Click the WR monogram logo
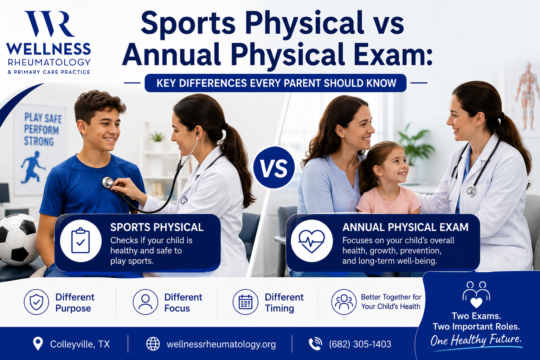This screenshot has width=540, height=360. click(x=50, y=24)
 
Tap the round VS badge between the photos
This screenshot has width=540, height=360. click(x=274, y=167)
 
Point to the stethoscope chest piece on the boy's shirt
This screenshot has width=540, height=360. click(x=108, y=182)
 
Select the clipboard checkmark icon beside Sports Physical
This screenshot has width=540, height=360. click(x=81, y=240)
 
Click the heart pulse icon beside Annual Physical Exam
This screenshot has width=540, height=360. click(x=311, y=240)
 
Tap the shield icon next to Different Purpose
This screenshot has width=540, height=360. click(x=37, y=302)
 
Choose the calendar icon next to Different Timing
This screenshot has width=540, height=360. click(x=245, y=302)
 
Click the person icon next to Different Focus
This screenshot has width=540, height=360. click(x=145, y=302)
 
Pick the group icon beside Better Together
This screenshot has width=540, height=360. click(x=344, y=302)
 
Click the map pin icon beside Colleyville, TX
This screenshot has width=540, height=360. click(x=38, y=343)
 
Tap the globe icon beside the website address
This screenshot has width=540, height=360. click(x=153, y=344)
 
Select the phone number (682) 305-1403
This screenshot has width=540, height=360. click(x=360, y=344)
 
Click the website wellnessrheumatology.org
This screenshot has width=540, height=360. click(x=221, y=344)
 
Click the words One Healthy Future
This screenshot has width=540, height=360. click(x=476, y=340)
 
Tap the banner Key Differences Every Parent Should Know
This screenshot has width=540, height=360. click(x=276, y=83)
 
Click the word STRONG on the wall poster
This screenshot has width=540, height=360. click(x=39, y=141)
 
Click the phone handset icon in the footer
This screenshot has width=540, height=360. click(x=315, y=344)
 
